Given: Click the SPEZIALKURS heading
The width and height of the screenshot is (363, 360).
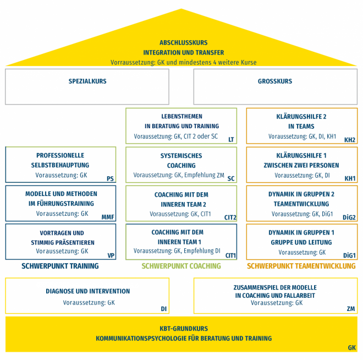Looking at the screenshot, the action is (87, 81).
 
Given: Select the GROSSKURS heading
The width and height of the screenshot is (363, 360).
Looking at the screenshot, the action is (275, 81).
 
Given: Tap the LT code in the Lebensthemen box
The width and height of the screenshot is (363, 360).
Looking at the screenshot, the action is (231, 139).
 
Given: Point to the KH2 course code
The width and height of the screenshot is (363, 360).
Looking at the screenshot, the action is (350, 140).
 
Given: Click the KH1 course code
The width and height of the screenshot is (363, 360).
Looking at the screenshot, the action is (350, 178).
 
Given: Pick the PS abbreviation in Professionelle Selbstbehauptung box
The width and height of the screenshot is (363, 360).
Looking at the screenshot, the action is (110, 178).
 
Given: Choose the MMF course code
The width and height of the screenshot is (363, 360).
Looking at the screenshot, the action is (108, 217).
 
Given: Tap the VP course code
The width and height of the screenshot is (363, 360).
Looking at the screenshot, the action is (111, 255).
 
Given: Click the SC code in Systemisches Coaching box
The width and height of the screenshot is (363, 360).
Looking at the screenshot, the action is (231, 178).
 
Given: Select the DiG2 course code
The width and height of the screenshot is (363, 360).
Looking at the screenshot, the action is (349, 217).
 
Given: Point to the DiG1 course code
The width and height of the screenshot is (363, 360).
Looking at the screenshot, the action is (349, 255).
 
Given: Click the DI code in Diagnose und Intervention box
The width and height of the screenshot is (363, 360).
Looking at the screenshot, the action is (164, 309).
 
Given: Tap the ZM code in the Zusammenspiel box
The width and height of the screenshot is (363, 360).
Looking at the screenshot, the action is (351, 309).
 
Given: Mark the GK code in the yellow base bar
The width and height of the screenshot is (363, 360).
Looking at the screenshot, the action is (352, 347).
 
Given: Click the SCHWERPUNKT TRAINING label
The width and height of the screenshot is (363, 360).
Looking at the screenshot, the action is (60, 266).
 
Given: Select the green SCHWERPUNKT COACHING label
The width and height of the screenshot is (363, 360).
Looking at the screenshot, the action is (182, 266).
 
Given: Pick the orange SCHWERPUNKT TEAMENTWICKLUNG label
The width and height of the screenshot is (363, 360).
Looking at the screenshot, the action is (301, 266).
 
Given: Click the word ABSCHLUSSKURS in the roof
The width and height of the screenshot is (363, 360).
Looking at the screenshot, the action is (184, 42).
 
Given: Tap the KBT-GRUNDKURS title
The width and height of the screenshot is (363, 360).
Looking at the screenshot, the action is (184, 329).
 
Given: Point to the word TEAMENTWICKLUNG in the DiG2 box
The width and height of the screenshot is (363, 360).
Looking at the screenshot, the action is (301, 204).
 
